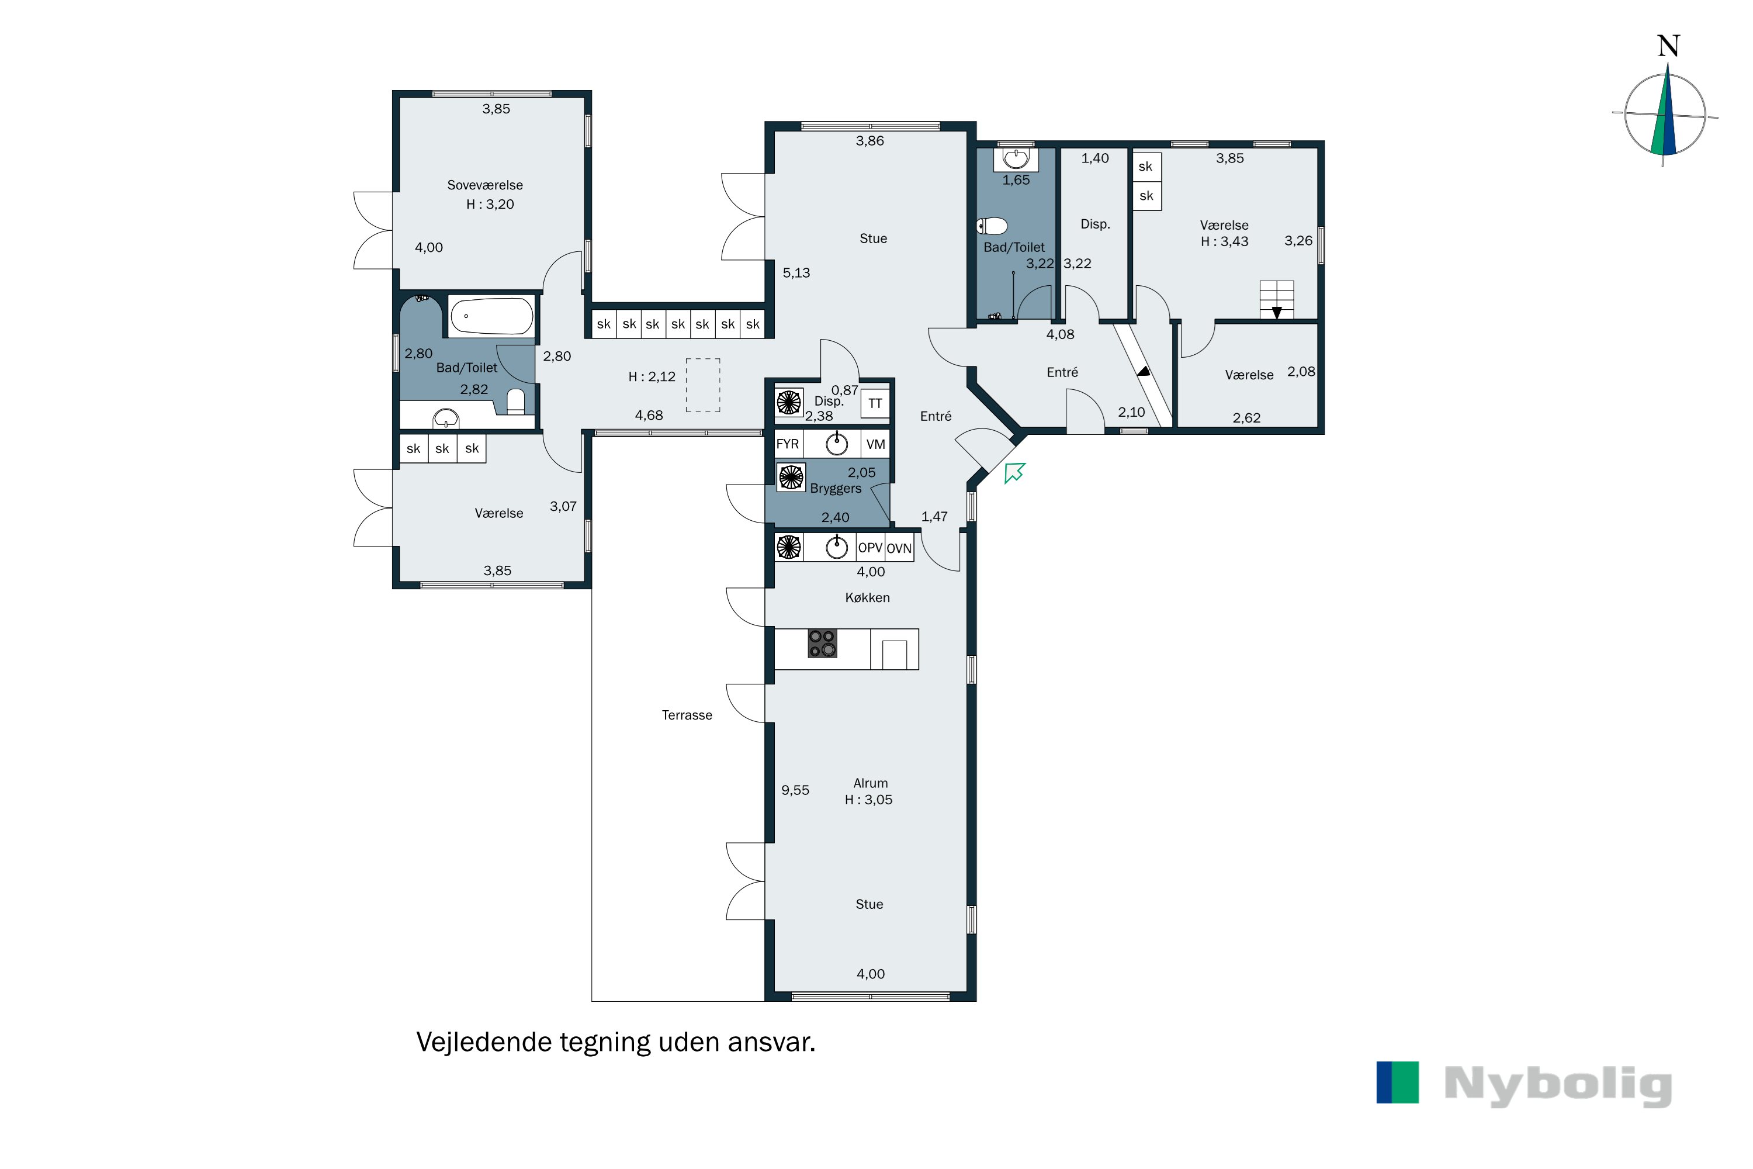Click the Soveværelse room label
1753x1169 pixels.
[x=484, y=185]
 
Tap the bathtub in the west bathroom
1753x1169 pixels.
[x=492, y=316]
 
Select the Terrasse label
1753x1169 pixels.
[x=687, y=715]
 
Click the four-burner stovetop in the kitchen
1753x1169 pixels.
[x=822, y=644]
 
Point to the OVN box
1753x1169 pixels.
[x=899, y=548]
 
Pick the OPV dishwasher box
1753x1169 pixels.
[x=870, y=548]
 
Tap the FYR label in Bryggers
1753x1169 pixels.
[x=787, y=444]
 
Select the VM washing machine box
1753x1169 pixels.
[x=876, y=444]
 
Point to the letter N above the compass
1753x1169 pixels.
[x=1668, y=46]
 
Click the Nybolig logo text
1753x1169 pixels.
[x=1558, y=1085]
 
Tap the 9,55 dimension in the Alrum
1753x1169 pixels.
[x=795, y=790]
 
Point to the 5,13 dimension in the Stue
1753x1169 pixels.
[x=796, y=273]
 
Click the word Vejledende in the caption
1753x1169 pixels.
[x=484, y=1042]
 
